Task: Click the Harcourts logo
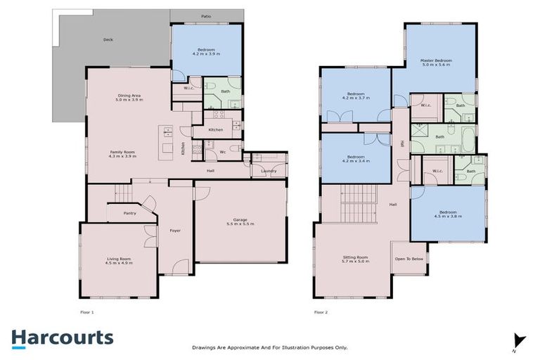[x=62, y=337]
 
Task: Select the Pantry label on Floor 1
[x=129, y=212]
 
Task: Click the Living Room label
[x=119, y=259]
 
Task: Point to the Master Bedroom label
[x=436, y=60]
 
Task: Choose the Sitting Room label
[x=355, y=257]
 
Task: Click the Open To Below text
[x=409, y=259]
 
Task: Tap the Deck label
[x=108, y=40]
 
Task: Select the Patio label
[x=206, y=15]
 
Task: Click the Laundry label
[x=268, y=171]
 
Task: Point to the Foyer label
[x=175, y=230]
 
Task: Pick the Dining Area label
[x=129, y=96]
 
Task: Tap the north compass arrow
[x=519, y=341]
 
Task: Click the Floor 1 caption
[x=87, y=311]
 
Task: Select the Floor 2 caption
[x=321, y=311]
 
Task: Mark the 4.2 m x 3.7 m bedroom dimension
[x=356, y=98]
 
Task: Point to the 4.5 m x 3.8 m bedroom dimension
[x=448, y=217]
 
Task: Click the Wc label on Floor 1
[x=221, y=151]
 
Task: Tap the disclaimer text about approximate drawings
[x=270, y=347]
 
